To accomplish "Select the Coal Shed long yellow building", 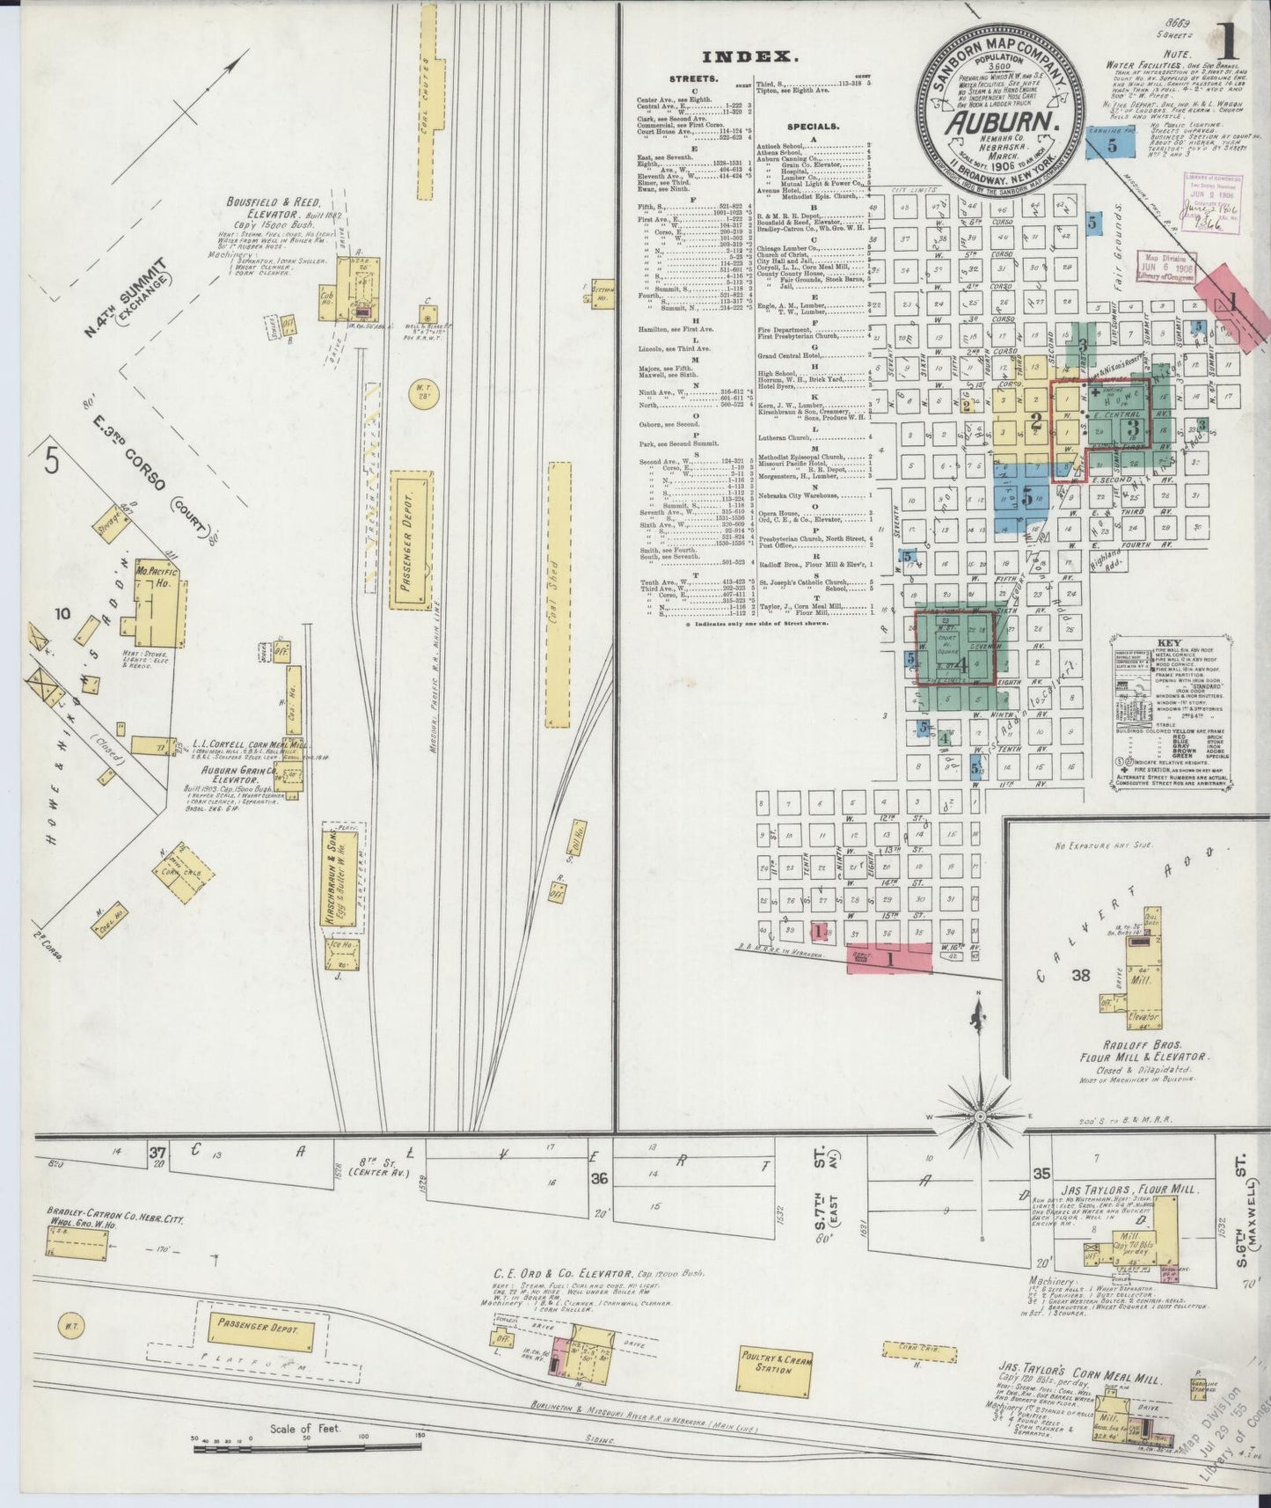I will click(x=557, y=590).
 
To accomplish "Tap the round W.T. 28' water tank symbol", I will click(x=426, y=388).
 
